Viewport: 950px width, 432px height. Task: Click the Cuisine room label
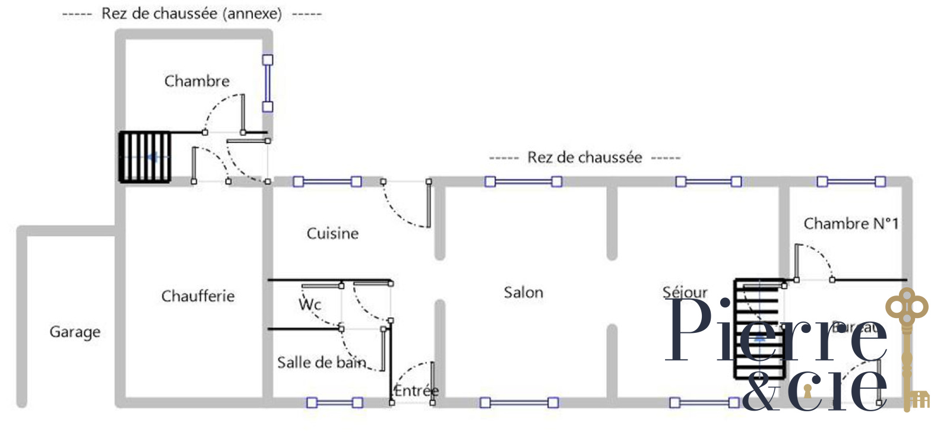332,233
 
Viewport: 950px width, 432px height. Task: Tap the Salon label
523,292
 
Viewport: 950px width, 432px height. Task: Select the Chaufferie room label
198,296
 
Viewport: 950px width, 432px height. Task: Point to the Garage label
75,332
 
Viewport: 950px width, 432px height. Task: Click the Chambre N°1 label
850,224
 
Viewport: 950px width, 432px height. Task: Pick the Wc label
310,304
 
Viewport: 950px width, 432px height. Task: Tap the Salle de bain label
321,362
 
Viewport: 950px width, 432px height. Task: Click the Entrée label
416,390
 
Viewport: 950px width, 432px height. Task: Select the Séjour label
685,292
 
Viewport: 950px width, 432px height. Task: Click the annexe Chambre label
197,81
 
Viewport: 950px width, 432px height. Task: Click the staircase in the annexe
145,157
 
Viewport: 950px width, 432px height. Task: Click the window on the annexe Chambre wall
268,83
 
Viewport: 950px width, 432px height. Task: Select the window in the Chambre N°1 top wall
851,182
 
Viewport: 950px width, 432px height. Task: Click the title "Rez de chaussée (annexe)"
192,13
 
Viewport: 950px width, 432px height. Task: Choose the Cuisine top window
327,182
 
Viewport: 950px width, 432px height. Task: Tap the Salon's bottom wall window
519,403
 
